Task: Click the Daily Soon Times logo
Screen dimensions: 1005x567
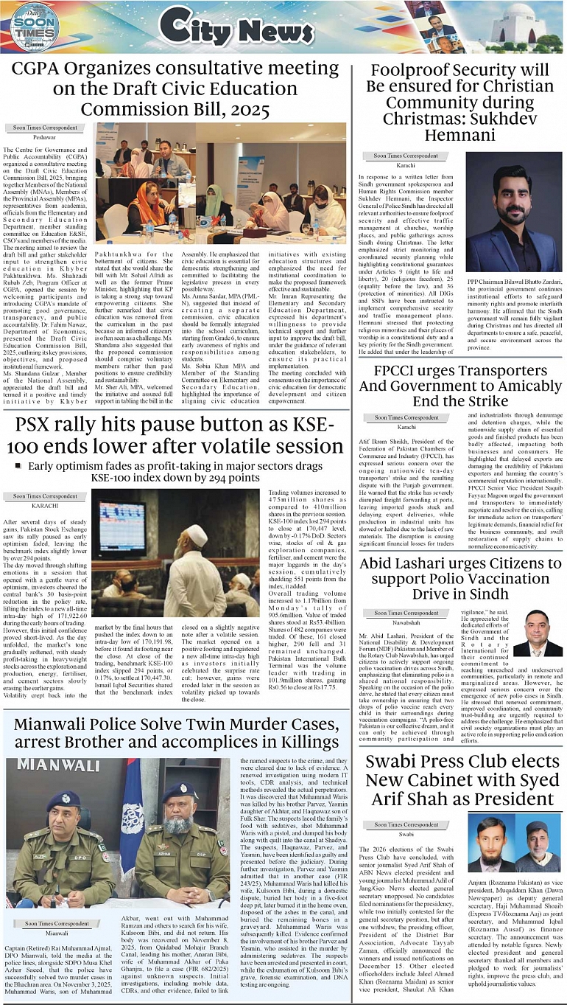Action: click(34, 27)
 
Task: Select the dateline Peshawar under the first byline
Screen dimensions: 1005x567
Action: click(44, 138)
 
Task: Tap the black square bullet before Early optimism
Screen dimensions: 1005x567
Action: click(18, 465)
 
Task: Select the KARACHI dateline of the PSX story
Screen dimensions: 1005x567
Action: click(45, 506)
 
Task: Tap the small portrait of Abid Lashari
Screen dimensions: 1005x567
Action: click(537, 633)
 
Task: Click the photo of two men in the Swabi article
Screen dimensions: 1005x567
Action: click(513, 843)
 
